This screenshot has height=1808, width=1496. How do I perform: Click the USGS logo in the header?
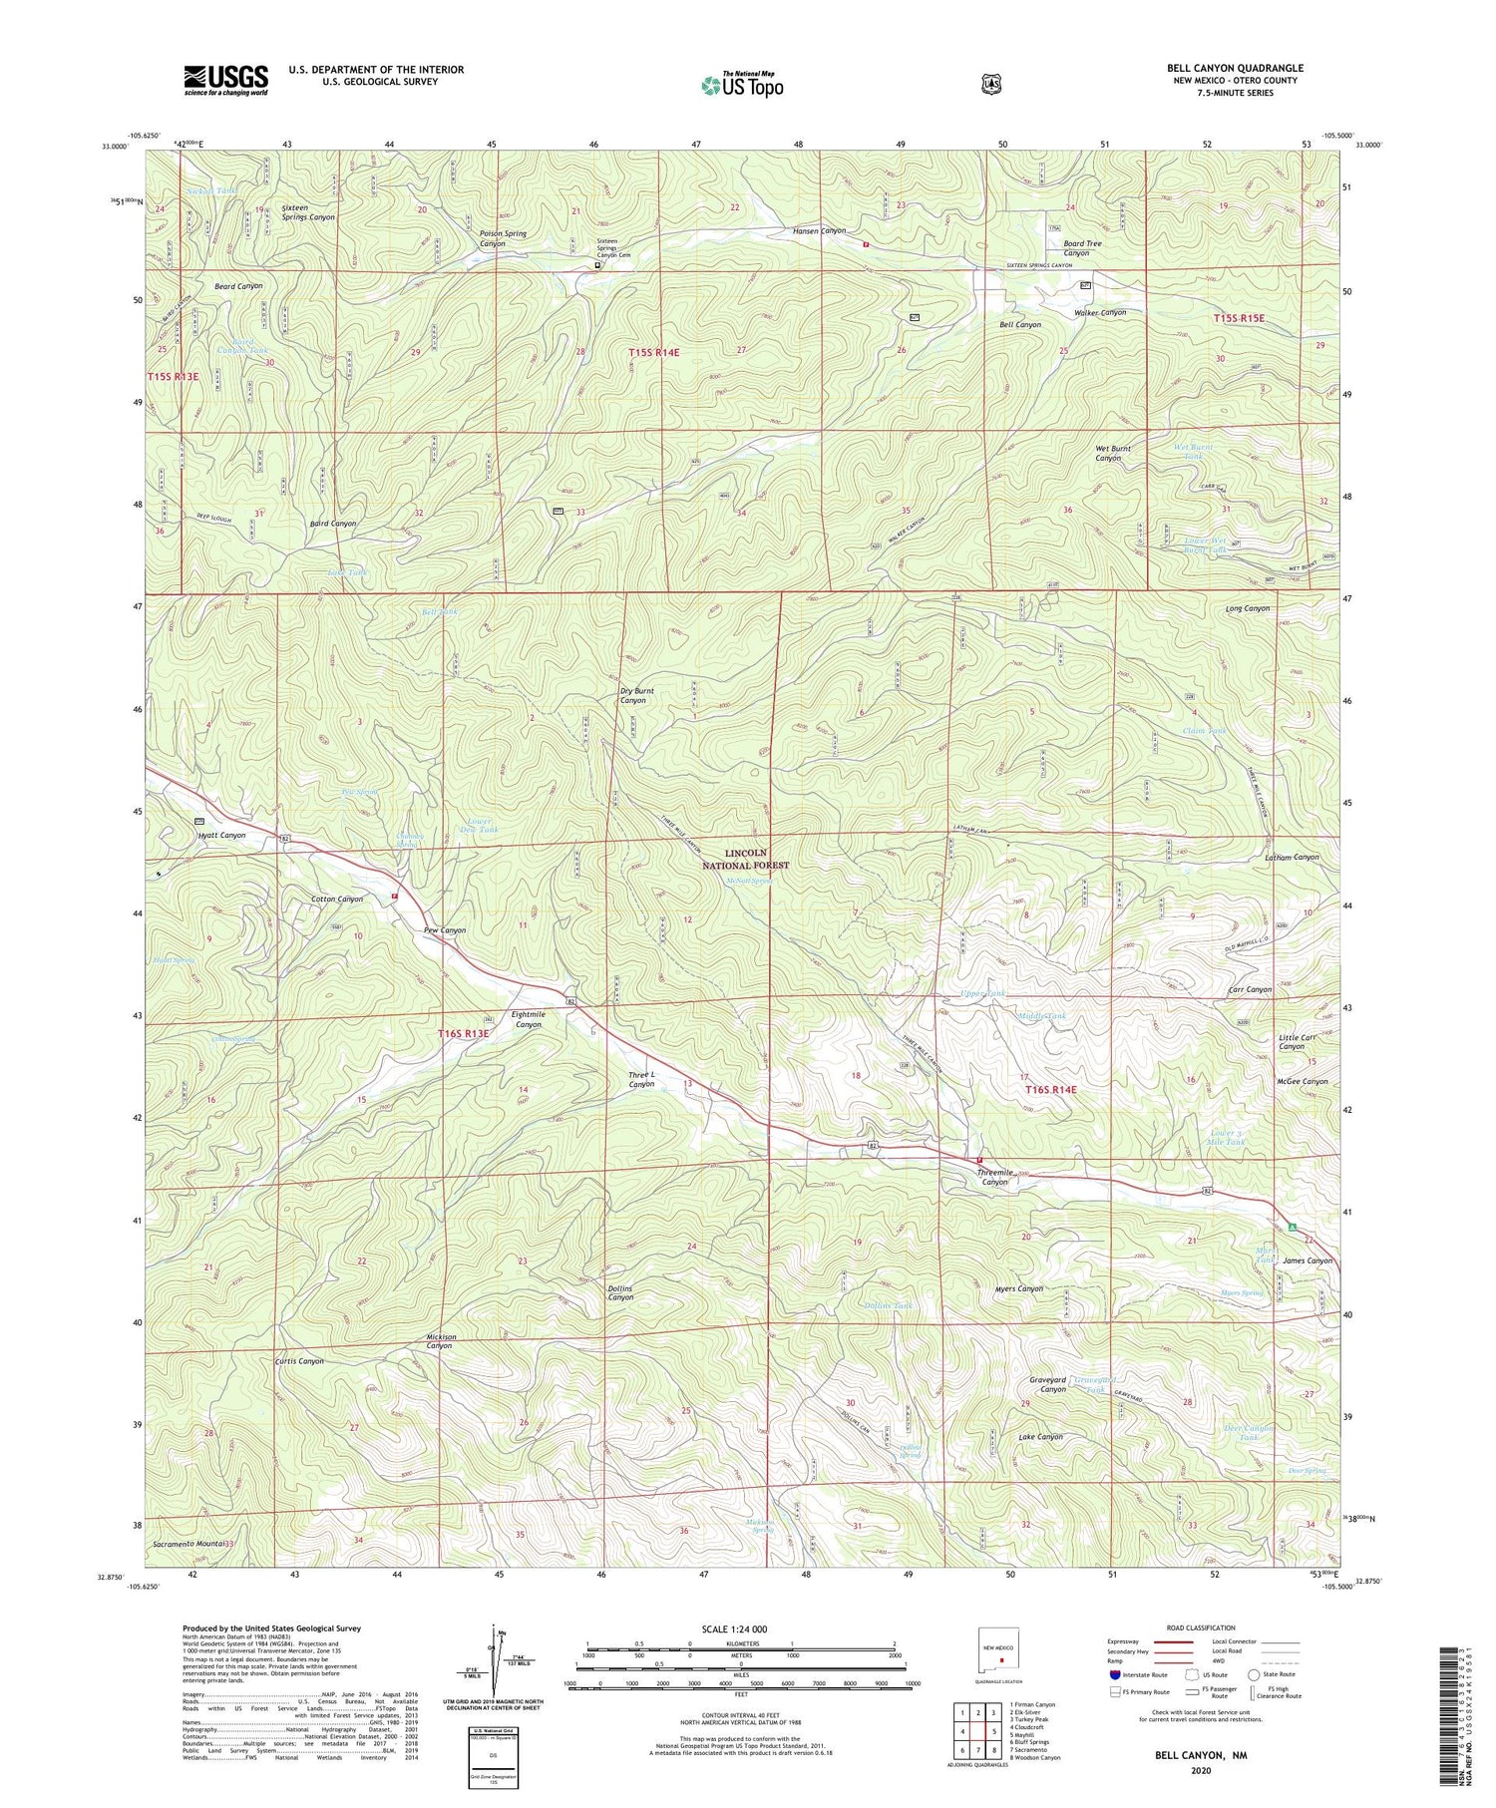click(225, 80)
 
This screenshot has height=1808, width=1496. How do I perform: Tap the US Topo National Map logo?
click(741, 84)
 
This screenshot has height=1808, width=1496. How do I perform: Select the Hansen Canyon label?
click(819, 230)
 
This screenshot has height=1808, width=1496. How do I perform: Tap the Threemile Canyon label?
click(994, 1177)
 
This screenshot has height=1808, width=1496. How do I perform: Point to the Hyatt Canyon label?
click(220, 835)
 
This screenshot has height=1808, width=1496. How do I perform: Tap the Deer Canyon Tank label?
click(1248, 1432)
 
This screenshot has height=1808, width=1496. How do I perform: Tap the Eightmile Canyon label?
click(527, 1019)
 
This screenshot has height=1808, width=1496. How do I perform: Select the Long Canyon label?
click(1247, 608)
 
